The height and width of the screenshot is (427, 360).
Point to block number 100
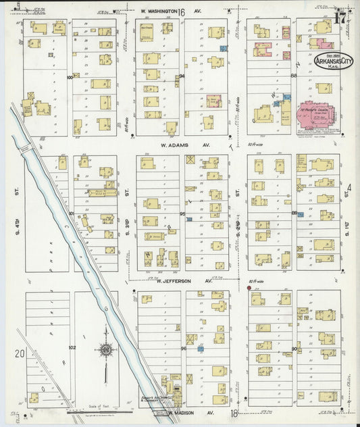click(70, 78)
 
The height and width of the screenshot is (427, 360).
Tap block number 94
click(181, 76)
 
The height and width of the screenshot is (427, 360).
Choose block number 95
click(182, 214)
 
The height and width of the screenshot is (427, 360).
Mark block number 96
click(182, 349)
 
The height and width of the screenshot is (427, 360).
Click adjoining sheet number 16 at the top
click(182, 11)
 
